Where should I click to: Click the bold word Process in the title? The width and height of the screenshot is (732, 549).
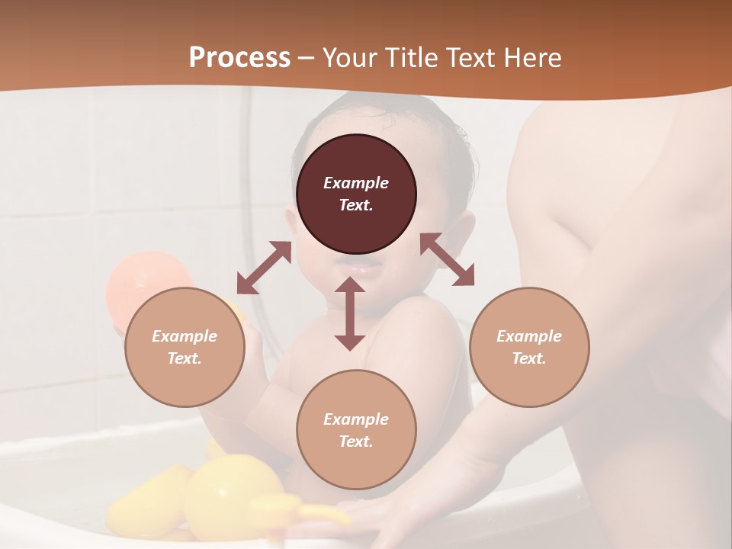(x=239, y=58)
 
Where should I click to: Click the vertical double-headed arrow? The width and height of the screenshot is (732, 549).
(x=350, y=313)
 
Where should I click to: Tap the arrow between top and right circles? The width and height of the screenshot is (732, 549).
(x=447, y=259)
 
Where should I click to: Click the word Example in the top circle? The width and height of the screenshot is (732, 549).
(x=356, y=183)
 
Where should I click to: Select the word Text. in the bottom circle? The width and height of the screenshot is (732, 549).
(x=356, y=441)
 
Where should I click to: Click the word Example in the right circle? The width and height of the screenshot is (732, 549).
(x=529, y=336)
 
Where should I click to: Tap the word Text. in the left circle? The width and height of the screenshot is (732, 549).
(x=185, y=358)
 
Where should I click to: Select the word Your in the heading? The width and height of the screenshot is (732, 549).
(x=346, y=58)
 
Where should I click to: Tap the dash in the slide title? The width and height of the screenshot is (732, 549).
(x=307, y=58)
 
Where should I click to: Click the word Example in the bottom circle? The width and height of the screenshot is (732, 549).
(x=356, y=419)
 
